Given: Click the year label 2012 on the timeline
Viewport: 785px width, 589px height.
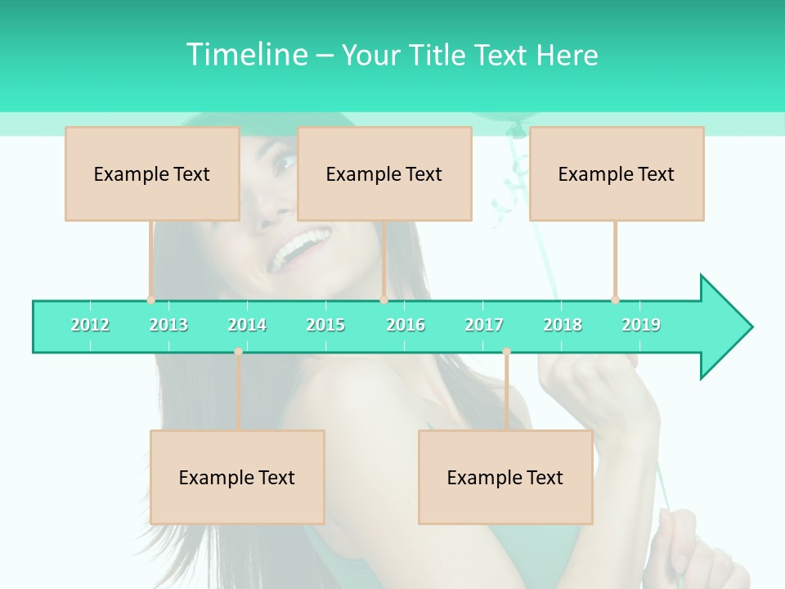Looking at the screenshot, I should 90,325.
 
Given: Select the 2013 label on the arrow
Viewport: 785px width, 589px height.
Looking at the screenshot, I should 168,325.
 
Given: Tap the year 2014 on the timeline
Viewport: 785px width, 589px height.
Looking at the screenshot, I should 247,325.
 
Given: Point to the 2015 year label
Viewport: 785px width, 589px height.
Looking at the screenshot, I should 325,325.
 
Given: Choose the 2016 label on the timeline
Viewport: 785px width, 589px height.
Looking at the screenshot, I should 406,325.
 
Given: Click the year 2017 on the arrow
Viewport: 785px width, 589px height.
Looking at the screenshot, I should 484,325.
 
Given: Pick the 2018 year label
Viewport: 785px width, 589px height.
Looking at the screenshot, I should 563,325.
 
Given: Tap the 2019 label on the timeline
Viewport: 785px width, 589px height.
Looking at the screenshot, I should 641,325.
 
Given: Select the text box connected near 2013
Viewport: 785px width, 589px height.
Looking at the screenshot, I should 152,173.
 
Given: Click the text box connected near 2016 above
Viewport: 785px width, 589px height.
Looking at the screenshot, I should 384,173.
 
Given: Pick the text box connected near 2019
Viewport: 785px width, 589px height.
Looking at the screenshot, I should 617,173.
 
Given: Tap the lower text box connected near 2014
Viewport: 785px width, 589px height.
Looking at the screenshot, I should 237,477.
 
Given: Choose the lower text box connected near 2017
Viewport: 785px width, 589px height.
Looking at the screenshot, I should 505,477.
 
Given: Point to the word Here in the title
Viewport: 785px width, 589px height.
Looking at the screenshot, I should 567,55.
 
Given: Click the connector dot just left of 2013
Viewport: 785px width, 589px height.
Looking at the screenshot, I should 150,299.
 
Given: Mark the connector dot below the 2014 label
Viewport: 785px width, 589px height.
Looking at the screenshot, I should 238,352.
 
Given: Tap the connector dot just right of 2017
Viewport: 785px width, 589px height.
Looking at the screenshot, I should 506,352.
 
